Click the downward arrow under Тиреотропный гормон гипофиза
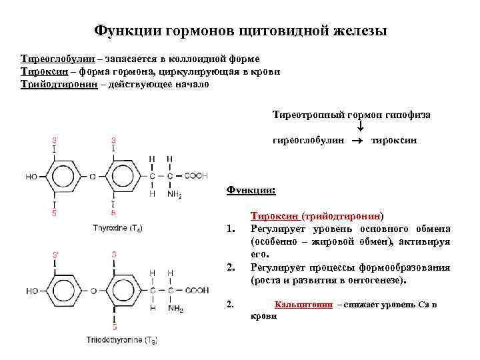(x=360, y=126)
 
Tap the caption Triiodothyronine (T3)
(x=121, y=340)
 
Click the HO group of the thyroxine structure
(x=31, y=177)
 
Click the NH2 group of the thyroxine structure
(x=175, y=195)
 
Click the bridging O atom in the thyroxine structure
(x=93, y=177)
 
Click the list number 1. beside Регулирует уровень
(x=231, y=230)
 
